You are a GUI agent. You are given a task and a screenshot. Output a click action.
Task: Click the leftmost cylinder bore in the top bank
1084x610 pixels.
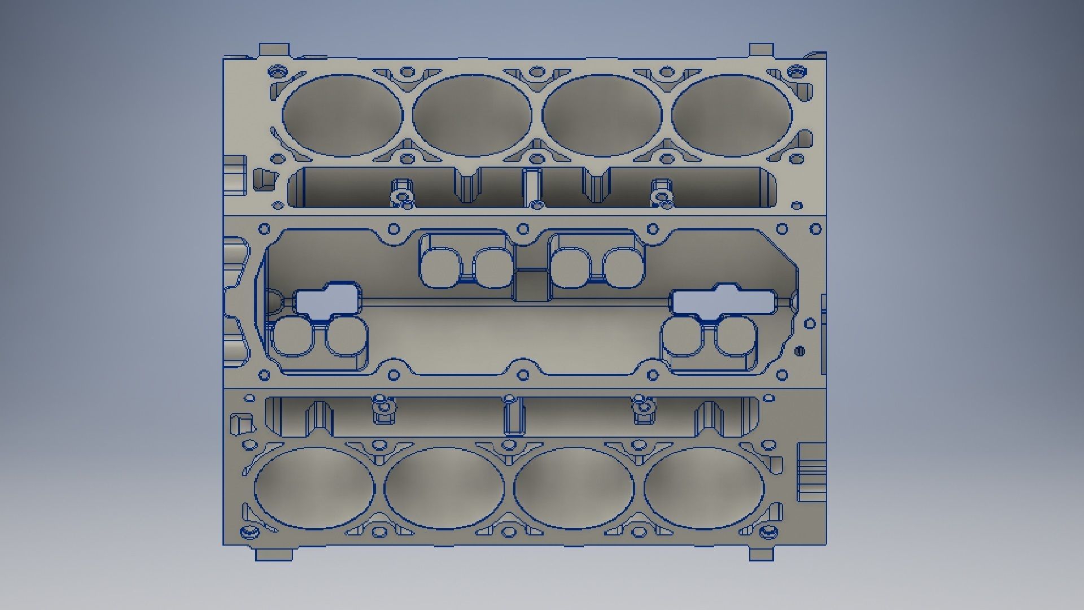pos(343,115)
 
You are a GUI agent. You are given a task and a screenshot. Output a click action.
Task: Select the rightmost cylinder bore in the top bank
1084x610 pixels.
pos(732,115)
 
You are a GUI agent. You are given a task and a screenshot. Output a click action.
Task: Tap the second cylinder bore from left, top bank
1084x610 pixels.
pos(472,115)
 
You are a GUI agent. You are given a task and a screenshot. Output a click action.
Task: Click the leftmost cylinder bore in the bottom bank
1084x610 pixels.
pos(314,488)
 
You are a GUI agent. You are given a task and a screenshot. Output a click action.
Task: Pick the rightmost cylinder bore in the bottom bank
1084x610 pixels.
pos(703,488)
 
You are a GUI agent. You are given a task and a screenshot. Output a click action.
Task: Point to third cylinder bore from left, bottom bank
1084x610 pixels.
pos(574,488)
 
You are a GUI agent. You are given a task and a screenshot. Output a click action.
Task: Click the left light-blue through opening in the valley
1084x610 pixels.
pos(326,299)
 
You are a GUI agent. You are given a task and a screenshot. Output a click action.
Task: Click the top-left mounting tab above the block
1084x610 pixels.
pos(274,49)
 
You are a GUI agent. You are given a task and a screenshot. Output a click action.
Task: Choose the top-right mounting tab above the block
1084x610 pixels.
pos(761,49)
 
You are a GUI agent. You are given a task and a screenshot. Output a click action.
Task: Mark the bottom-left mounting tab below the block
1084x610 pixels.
pos(274,554)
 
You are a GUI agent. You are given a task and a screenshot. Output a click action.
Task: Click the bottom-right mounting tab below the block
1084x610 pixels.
pos(761,554)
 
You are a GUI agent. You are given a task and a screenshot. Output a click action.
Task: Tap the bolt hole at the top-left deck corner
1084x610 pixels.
pos(276,72)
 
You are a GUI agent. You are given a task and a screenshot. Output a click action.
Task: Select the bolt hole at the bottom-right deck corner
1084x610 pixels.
pos(769,531)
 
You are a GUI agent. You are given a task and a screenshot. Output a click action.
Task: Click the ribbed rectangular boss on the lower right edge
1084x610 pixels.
pos(812,472)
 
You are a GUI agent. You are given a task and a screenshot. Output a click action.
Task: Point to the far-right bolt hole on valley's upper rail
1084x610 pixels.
pos(816,229)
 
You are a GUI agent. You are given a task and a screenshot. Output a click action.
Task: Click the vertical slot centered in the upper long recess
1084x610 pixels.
pos(531,186)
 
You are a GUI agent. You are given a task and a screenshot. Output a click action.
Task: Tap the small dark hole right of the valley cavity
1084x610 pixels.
pos(799,351)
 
